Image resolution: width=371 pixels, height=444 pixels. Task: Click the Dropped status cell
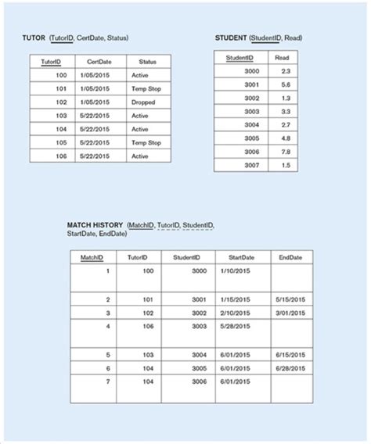(142, 102)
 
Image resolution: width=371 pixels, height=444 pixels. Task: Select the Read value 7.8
(284, 151)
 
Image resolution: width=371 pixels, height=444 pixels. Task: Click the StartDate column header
(241, 256)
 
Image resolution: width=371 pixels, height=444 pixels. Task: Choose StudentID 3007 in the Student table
(251, 165)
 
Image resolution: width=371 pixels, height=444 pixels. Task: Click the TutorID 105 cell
(62, 142)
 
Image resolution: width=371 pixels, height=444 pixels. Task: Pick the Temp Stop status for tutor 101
(146, 89)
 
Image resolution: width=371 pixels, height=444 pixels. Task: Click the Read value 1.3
(284, 98)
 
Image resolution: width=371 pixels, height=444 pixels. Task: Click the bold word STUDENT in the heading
(231, 38)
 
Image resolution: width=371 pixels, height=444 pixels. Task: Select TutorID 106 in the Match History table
(147, 325)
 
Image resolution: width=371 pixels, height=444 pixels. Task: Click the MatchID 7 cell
(106, 381)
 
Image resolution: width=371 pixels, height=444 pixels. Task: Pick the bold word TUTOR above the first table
(34, 38)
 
